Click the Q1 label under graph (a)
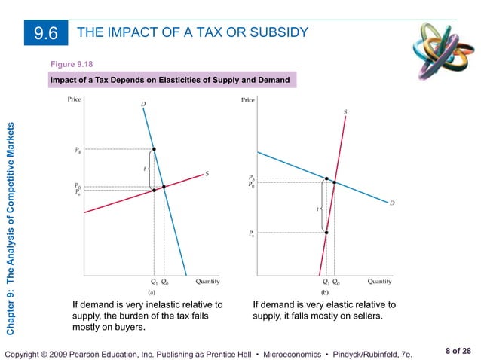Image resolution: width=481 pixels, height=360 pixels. tap(154, 281)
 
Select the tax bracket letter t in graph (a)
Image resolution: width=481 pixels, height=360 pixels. tap(144, 169)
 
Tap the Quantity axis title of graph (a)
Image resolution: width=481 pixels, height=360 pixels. tap(208, 281)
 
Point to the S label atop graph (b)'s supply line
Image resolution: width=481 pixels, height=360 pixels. tap(345, 111)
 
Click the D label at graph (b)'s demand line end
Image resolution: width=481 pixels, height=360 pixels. tap(392, 202)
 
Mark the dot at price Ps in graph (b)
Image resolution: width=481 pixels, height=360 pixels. tap(326, 233)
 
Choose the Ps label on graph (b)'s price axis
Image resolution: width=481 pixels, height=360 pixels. tap(251, 233)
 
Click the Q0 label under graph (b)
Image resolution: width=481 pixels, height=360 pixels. tap(335, 282)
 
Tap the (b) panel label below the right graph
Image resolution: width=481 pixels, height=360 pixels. tap(325, 290)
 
